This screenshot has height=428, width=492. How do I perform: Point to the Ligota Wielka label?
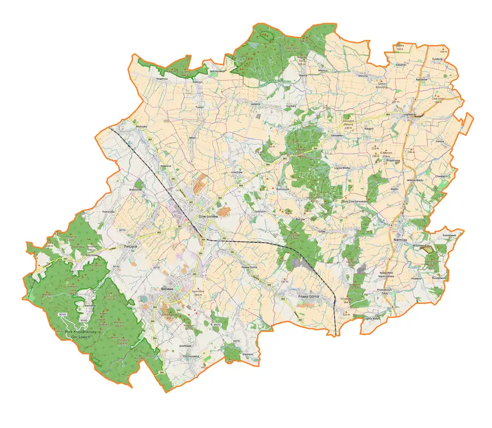point(345,168)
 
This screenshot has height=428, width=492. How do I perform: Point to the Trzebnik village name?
point(437,59)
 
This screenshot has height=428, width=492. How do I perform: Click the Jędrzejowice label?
point(217,71)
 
